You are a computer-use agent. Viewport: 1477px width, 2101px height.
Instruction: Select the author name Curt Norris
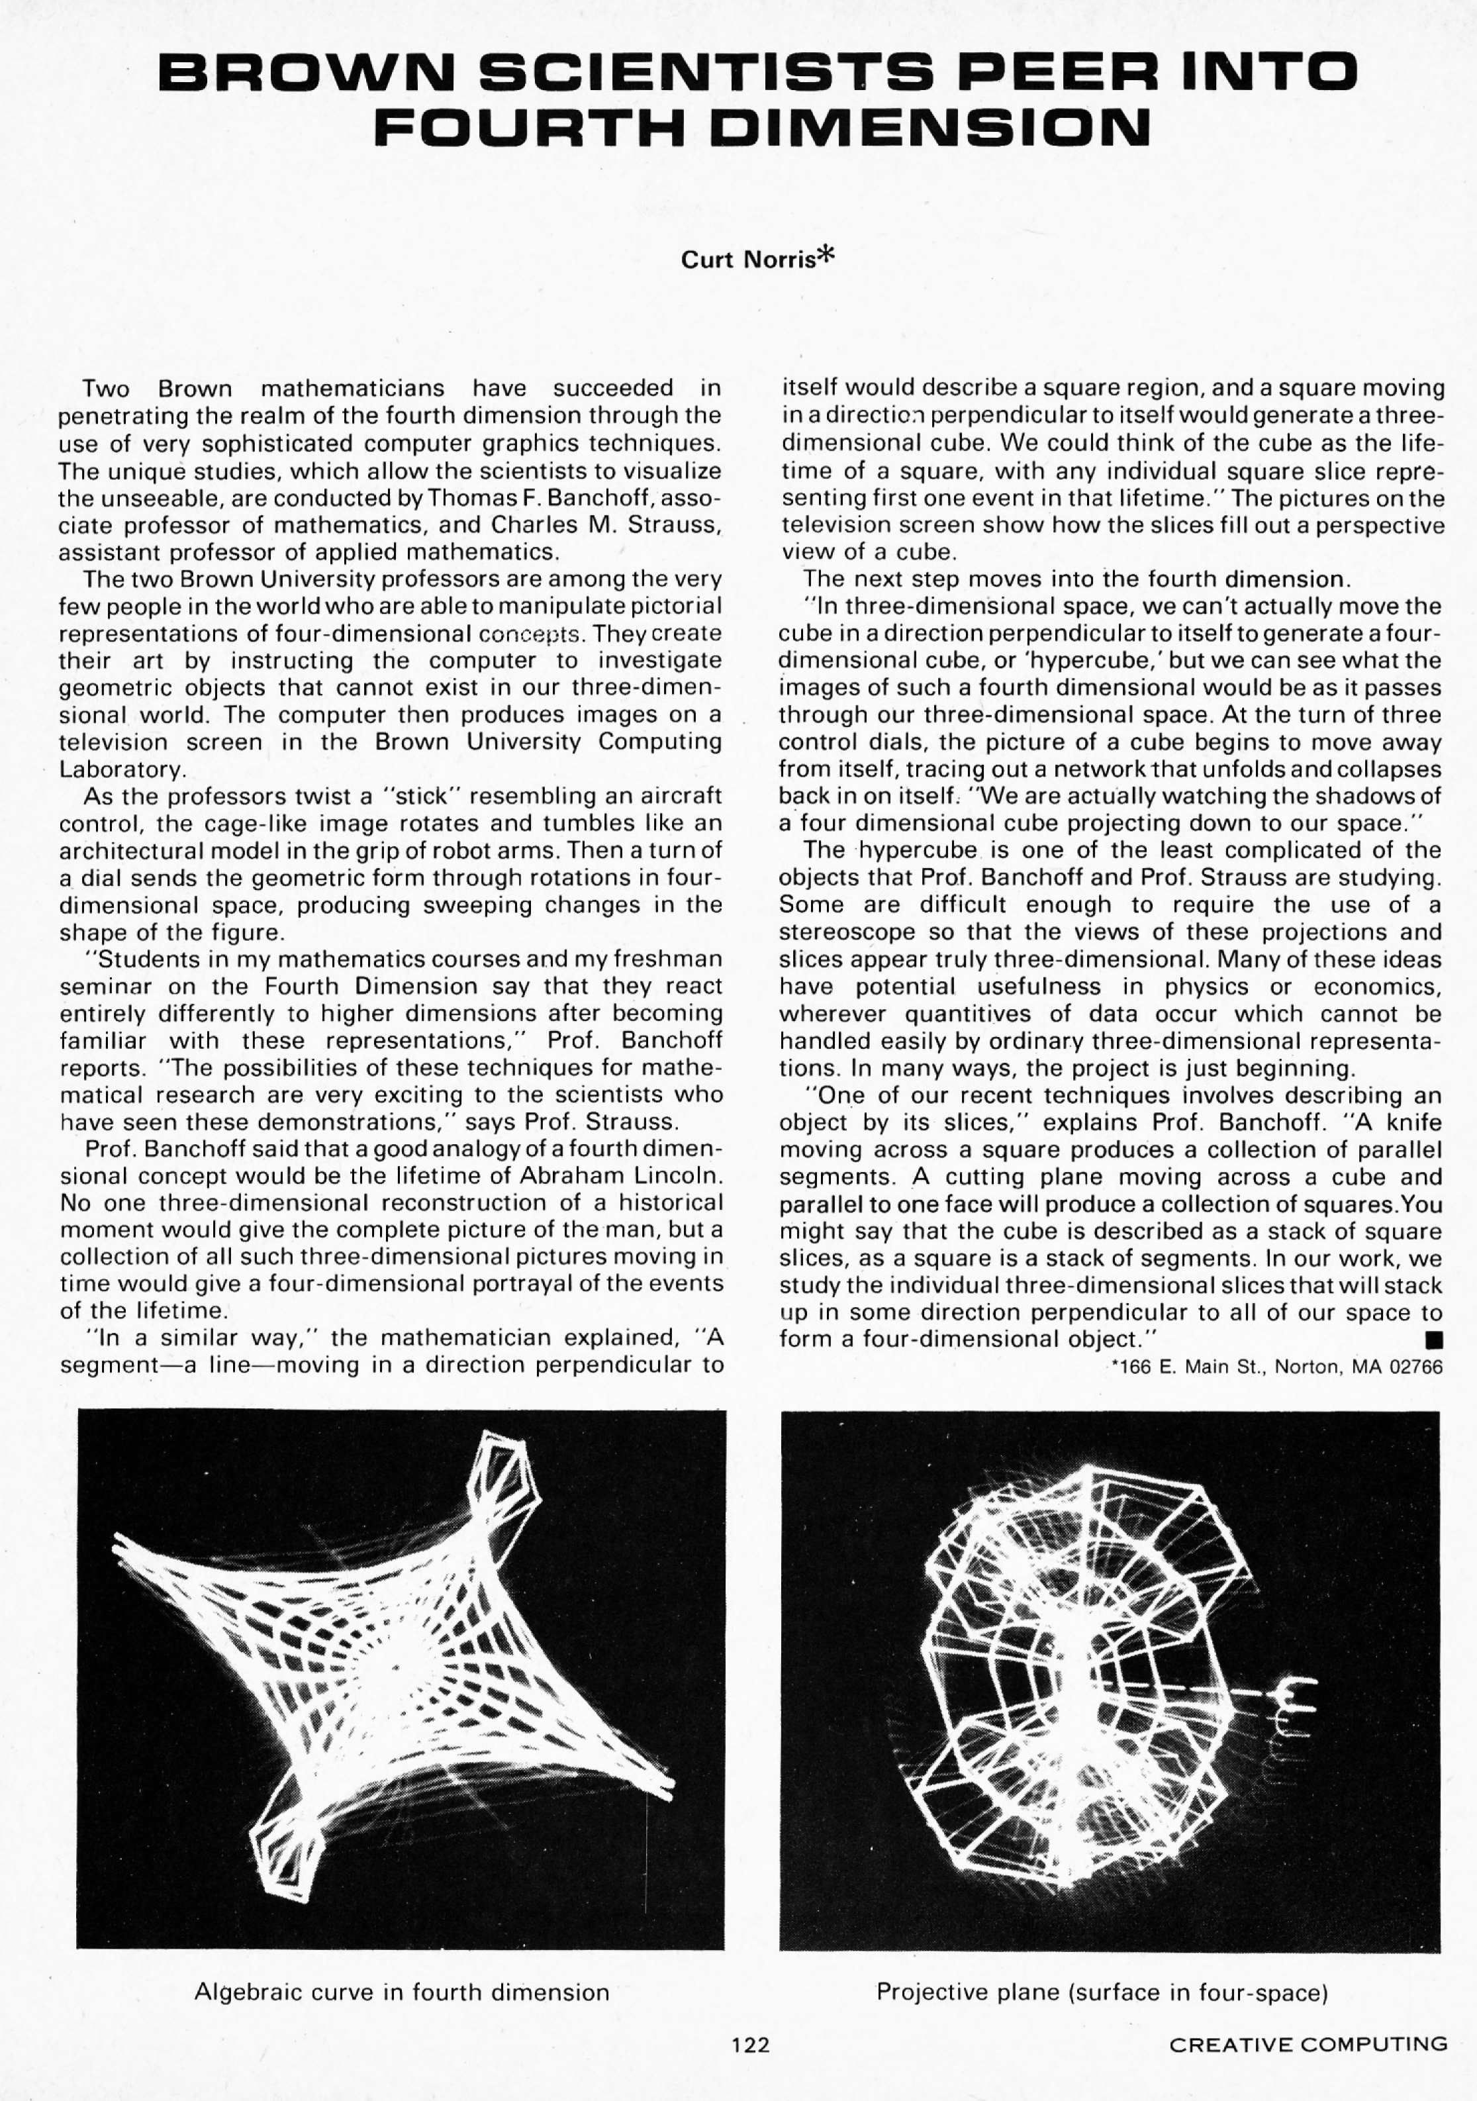(x=747, y=260)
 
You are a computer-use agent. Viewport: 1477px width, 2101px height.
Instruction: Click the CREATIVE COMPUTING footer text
(x=1308, y=2044)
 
